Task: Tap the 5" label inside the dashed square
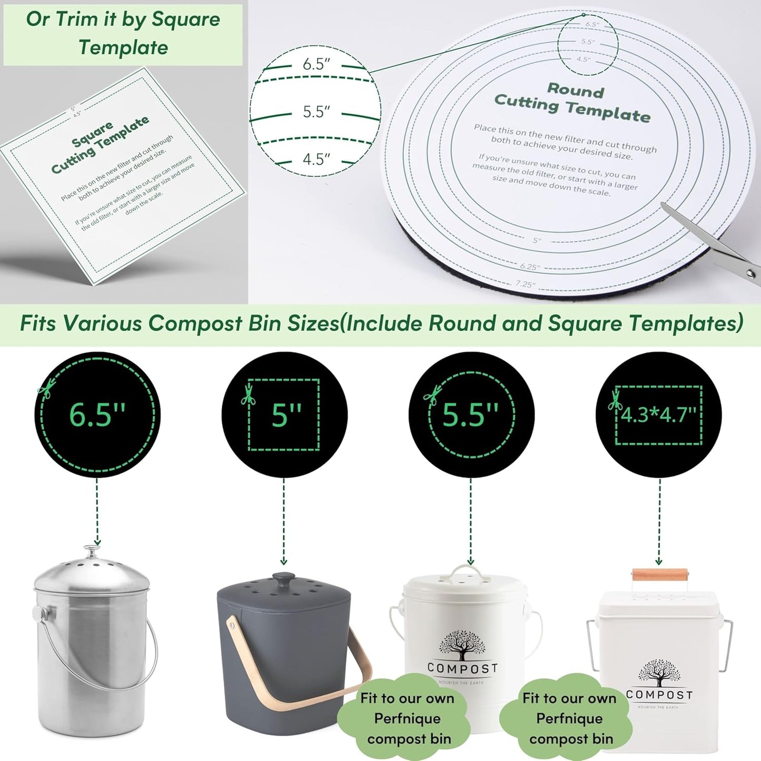(x=286, y=415)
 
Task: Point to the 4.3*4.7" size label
(x=659, y=415)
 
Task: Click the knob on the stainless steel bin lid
(x=92, y=551)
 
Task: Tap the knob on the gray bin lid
(x=284, y=578)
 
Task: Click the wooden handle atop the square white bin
(x=660, y=574)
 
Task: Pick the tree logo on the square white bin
(x=659, y=673)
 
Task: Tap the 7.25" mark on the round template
(x=525, y=284)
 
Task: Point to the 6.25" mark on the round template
(x=530, y=267)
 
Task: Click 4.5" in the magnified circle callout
(x=316, y=159)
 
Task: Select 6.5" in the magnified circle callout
(x=316, y=64)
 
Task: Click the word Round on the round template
(x=576, y=90)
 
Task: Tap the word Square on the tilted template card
(x=92, y=134)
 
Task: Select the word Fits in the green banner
(x=37, y=323)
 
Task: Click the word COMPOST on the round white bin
(x=462, y=668)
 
